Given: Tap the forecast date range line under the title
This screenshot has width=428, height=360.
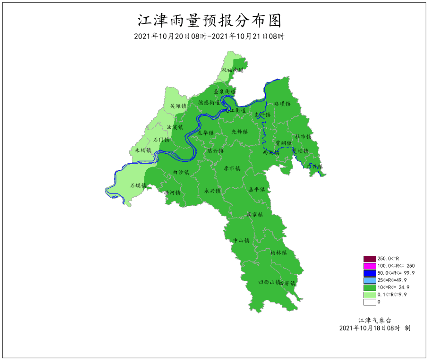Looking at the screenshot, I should tap(210, 36).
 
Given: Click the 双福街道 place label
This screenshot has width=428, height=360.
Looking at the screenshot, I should tap(232, 70).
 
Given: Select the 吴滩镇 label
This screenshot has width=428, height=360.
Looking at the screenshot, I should tap(178, 106).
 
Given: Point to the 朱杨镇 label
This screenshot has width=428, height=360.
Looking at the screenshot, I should tap(143, 150).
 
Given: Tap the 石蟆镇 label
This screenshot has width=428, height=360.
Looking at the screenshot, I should tap(138, 186).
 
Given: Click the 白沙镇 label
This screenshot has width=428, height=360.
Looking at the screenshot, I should tap(181, 172).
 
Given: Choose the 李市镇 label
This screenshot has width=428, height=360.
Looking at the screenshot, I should tap(232, 169).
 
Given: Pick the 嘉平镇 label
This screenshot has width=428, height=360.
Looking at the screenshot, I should tap(256, 190).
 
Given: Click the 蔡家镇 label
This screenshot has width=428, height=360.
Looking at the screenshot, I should tap(255, 215).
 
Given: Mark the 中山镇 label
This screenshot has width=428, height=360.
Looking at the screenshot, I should tap(241, 240).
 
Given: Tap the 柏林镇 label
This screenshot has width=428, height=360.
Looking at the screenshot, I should tap(279, 253).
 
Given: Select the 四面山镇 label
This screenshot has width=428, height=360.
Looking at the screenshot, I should tap(269, 282).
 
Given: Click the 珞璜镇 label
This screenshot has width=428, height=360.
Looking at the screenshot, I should tap(283, 104).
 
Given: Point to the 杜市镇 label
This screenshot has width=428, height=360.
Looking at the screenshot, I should tap(303, 136).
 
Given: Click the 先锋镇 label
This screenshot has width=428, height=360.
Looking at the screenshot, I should tap(240, 132).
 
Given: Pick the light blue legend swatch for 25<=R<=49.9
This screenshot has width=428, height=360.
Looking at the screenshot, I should tap(369, 280).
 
